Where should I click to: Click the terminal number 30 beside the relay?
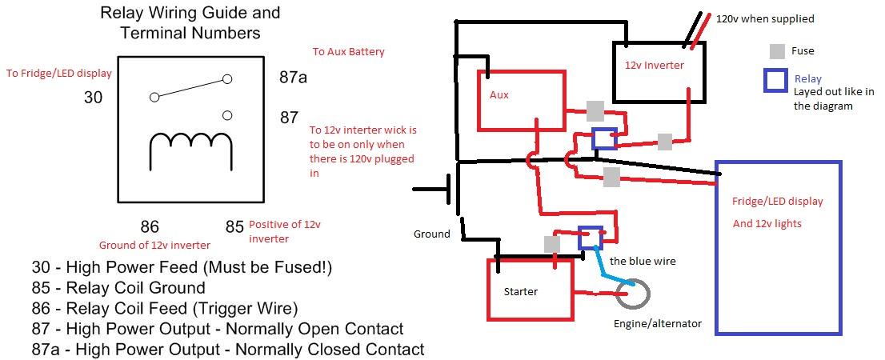coord(94,98)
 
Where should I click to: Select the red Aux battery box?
coord(521,100)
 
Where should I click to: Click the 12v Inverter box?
coord(659,72)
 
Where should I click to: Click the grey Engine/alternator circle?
coord(634,294)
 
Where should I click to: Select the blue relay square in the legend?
coord(775,81)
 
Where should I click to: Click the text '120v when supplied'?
coord(764,18)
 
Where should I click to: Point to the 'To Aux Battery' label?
coord(348,52)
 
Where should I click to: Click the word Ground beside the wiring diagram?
coord(431,234)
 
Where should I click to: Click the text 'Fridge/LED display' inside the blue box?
coord(777,201)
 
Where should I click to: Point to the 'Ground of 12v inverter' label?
coord(154,245)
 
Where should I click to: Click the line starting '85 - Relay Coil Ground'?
coord(118,287)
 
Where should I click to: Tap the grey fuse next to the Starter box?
coord(551,243)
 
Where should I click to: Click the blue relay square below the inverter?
coord(604,138)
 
